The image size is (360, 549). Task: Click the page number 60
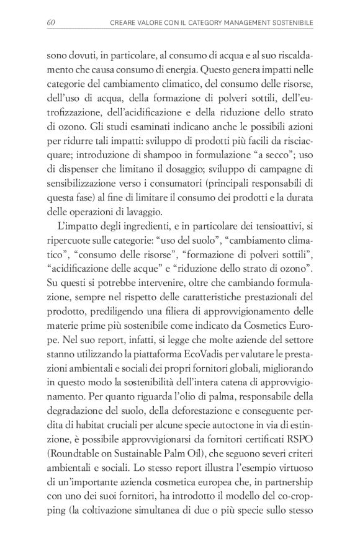tap(52, 24)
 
